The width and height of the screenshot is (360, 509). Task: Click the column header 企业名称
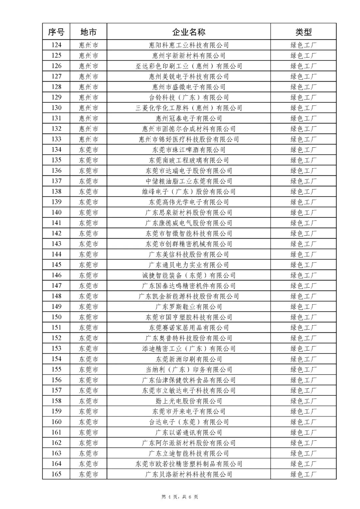(189, 32)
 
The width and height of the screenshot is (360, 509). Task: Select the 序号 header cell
(56, 32)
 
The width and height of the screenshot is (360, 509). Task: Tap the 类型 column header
(303, 32)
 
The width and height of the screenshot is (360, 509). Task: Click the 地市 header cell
(88, 32)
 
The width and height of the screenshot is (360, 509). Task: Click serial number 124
(56, 45)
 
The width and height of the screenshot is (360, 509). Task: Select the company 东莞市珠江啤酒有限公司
(189, 150)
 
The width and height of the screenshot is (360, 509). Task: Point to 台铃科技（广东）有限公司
(189, 97)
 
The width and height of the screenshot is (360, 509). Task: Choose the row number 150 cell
(56, 317)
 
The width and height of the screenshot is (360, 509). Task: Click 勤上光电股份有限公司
(189, 401)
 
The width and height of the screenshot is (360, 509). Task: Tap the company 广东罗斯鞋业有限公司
(189, 307)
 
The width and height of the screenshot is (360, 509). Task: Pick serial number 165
(56, 474)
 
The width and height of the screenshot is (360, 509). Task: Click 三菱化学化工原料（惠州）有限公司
(189, 108)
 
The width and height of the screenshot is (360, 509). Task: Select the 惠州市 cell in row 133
(88, 139)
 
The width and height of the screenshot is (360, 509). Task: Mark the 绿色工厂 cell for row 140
(303, 212)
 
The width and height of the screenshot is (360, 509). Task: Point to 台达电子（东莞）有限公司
(189, 422)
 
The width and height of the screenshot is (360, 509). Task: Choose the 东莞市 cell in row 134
(88, 150)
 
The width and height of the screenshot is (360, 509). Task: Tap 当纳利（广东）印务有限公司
(189, 369)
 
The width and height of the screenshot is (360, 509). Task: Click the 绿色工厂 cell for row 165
(303, 474)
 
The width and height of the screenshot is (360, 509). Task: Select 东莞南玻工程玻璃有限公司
(189, 160)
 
